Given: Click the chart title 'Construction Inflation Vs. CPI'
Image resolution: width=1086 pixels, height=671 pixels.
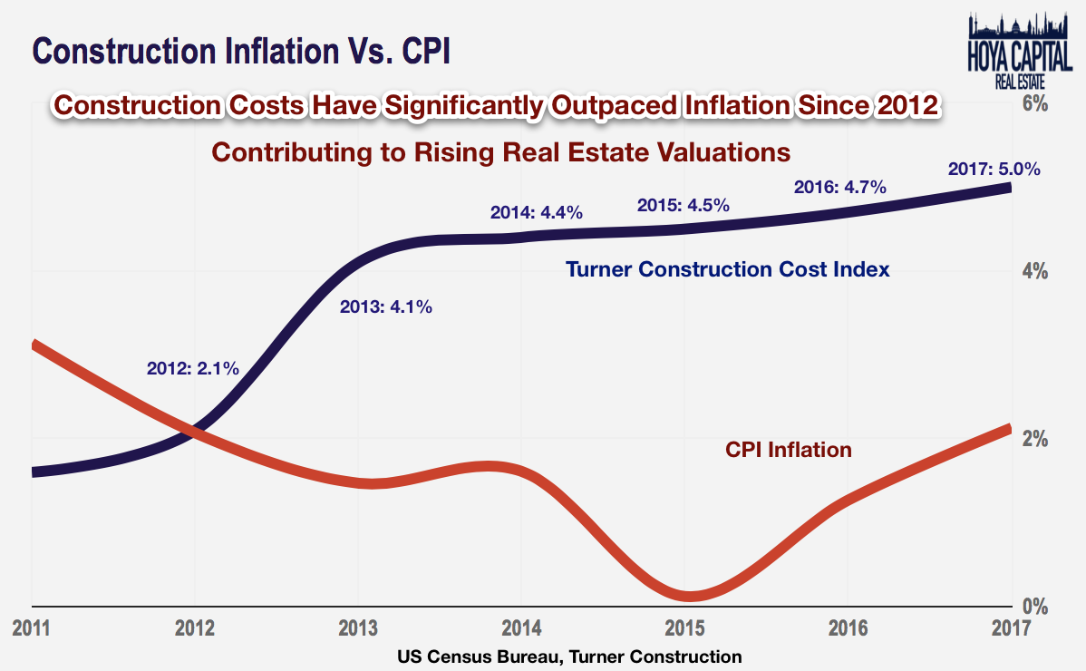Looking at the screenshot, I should click(240, 51).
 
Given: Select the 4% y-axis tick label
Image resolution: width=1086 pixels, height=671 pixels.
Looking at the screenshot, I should click(1034, 271).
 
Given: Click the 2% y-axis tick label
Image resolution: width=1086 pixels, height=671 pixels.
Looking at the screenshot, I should click(1034, 439).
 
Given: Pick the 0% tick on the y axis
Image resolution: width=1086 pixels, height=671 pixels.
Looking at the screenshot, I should click(1034, 606).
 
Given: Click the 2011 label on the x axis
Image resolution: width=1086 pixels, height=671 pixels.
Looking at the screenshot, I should click(31, 627).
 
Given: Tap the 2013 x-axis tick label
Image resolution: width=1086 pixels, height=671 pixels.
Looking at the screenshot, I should click(357, 627).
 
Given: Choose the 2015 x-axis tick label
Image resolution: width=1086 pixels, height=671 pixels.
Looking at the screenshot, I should click(684, 627).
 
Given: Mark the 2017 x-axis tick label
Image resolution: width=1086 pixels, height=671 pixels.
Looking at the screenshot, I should click(1011, 627).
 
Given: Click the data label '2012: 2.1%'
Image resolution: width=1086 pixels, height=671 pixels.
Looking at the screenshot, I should click(192, 368).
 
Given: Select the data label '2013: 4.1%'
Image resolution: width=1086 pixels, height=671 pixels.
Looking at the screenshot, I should click(386, 307).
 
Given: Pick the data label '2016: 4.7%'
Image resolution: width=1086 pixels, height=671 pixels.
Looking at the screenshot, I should click(839, 188).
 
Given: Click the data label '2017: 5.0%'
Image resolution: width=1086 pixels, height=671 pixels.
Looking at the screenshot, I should click(994, 169).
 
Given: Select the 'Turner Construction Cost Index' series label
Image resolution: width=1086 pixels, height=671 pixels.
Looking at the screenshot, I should click(727, 269).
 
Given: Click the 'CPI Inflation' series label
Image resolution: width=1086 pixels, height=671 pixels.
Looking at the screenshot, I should click(789, 449).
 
